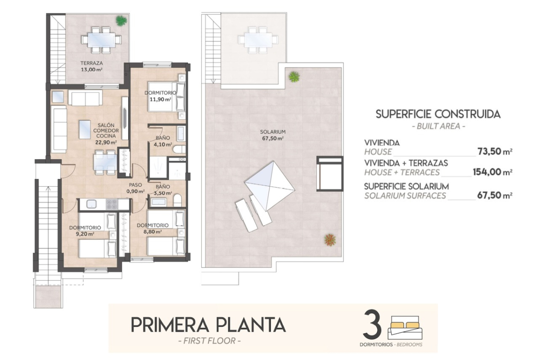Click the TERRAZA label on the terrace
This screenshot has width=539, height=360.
(x=92, y=63)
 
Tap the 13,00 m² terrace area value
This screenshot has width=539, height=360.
(x=92, y=70)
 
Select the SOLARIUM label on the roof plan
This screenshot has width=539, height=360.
(x=273, y=132)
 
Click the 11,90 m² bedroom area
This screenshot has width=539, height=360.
(x=160, y=99)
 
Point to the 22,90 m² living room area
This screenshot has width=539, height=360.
(x=106, y=142)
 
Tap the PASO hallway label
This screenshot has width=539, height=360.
(x=136, y=185)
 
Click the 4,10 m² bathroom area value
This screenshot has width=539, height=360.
(x=163, y=145)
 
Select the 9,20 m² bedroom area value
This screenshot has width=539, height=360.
(x=85, y=234)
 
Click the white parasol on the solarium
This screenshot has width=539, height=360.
(x=270, y=186)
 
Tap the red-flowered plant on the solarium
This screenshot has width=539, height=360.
(x=330, y=240)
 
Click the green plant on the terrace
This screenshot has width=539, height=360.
(x=121, y=21)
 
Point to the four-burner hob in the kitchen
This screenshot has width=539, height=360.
(x=112, y=204)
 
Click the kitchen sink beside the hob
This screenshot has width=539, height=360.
(x=92, y=204)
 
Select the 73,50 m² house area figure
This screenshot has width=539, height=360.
(x=495, y=152)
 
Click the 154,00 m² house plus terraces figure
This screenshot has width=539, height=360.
(x=493, y=172)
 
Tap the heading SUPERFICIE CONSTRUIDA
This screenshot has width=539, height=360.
(x=438, y=114)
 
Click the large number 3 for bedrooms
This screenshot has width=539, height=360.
(x=372, y=324)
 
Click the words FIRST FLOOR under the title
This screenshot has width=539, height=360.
(x=209, y=341)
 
